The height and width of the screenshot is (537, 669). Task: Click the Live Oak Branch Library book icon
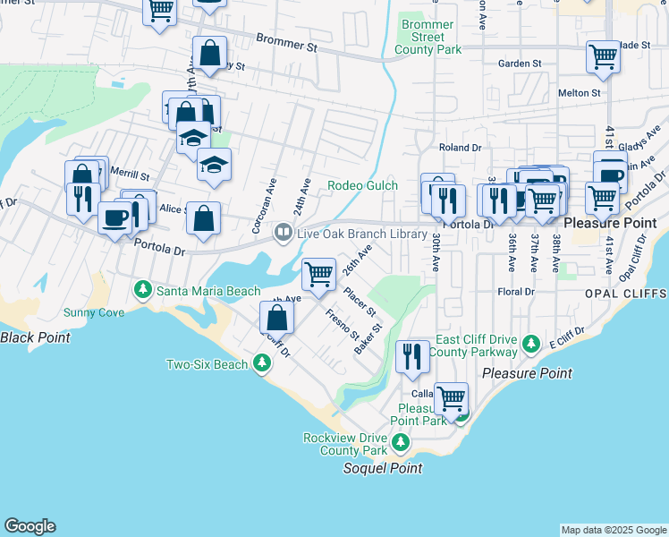coord(283,233)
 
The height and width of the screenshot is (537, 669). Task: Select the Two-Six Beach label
coord(207,364)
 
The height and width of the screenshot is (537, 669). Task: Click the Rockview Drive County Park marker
coord(402,442)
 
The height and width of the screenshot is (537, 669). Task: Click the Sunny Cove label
coord(94,312)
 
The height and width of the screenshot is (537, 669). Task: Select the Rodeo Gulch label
coord(362,185)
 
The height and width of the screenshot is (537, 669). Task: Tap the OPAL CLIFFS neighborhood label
coord(631,294)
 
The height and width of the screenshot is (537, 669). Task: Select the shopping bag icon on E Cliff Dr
coord(277,316)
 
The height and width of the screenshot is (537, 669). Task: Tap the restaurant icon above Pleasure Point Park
coord(411,355)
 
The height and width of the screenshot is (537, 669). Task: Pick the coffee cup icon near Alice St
coord(114,217)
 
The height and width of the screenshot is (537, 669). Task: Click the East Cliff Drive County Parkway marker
coord(531,344)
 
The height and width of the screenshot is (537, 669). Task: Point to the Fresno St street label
coord(343,323)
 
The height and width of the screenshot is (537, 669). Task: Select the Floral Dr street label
coord(516,292)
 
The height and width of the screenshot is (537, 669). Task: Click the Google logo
coord(30,526)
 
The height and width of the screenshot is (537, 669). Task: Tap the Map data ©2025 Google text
coord(613,530)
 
